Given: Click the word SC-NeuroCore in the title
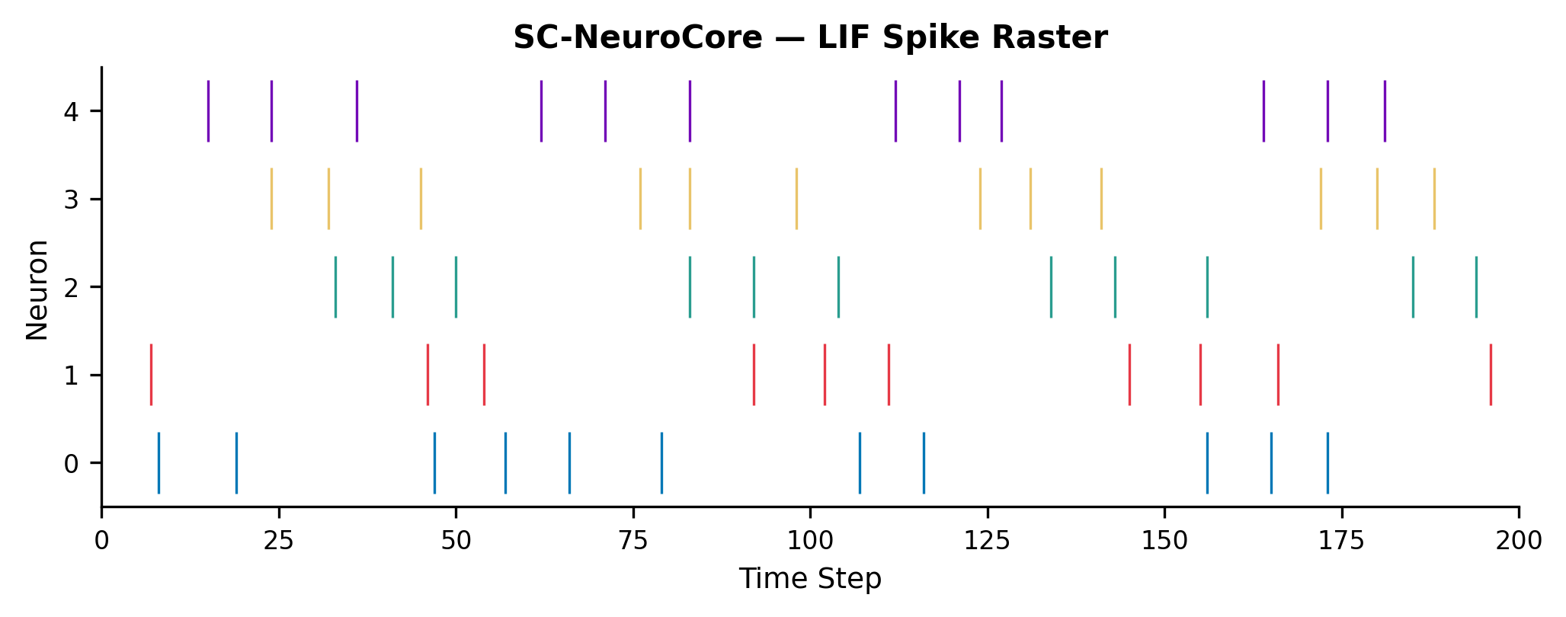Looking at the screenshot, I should (637, 38).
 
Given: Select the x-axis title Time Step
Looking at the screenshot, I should (810, 579).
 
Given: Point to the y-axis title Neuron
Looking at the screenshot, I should (37, 289).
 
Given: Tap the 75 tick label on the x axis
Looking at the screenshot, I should (633, 541).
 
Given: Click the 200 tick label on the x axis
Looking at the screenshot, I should (1519, 541).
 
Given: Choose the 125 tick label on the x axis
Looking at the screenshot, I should (988, 541).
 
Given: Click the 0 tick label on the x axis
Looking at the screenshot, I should (102, 541).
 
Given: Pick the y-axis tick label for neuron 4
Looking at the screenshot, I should (72, 112).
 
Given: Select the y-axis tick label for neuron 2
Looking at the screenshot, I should (72, 288).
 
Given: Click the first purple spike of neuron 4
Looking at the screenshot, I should (208, 111).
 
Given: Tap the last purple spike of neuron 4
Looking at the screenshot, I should (1385, 111).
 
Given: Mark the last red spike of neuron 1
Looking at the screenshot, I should (1491, 375).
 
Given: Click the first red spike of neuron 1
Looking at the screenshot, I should (151, 375).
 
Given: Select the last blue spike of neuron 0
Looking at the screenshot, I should (1327, 463).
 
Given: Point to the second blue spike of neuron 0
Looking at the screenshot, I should (236, 463).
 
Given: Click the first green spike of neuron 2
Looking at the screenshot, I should (335, 287).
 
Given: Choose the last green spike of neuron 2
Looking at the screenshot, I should (1476, 287).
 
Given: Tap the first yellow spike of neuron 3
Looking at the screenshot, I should (271, 199).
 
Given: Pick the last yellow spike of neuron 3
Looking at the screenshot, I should (1434, 199).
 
